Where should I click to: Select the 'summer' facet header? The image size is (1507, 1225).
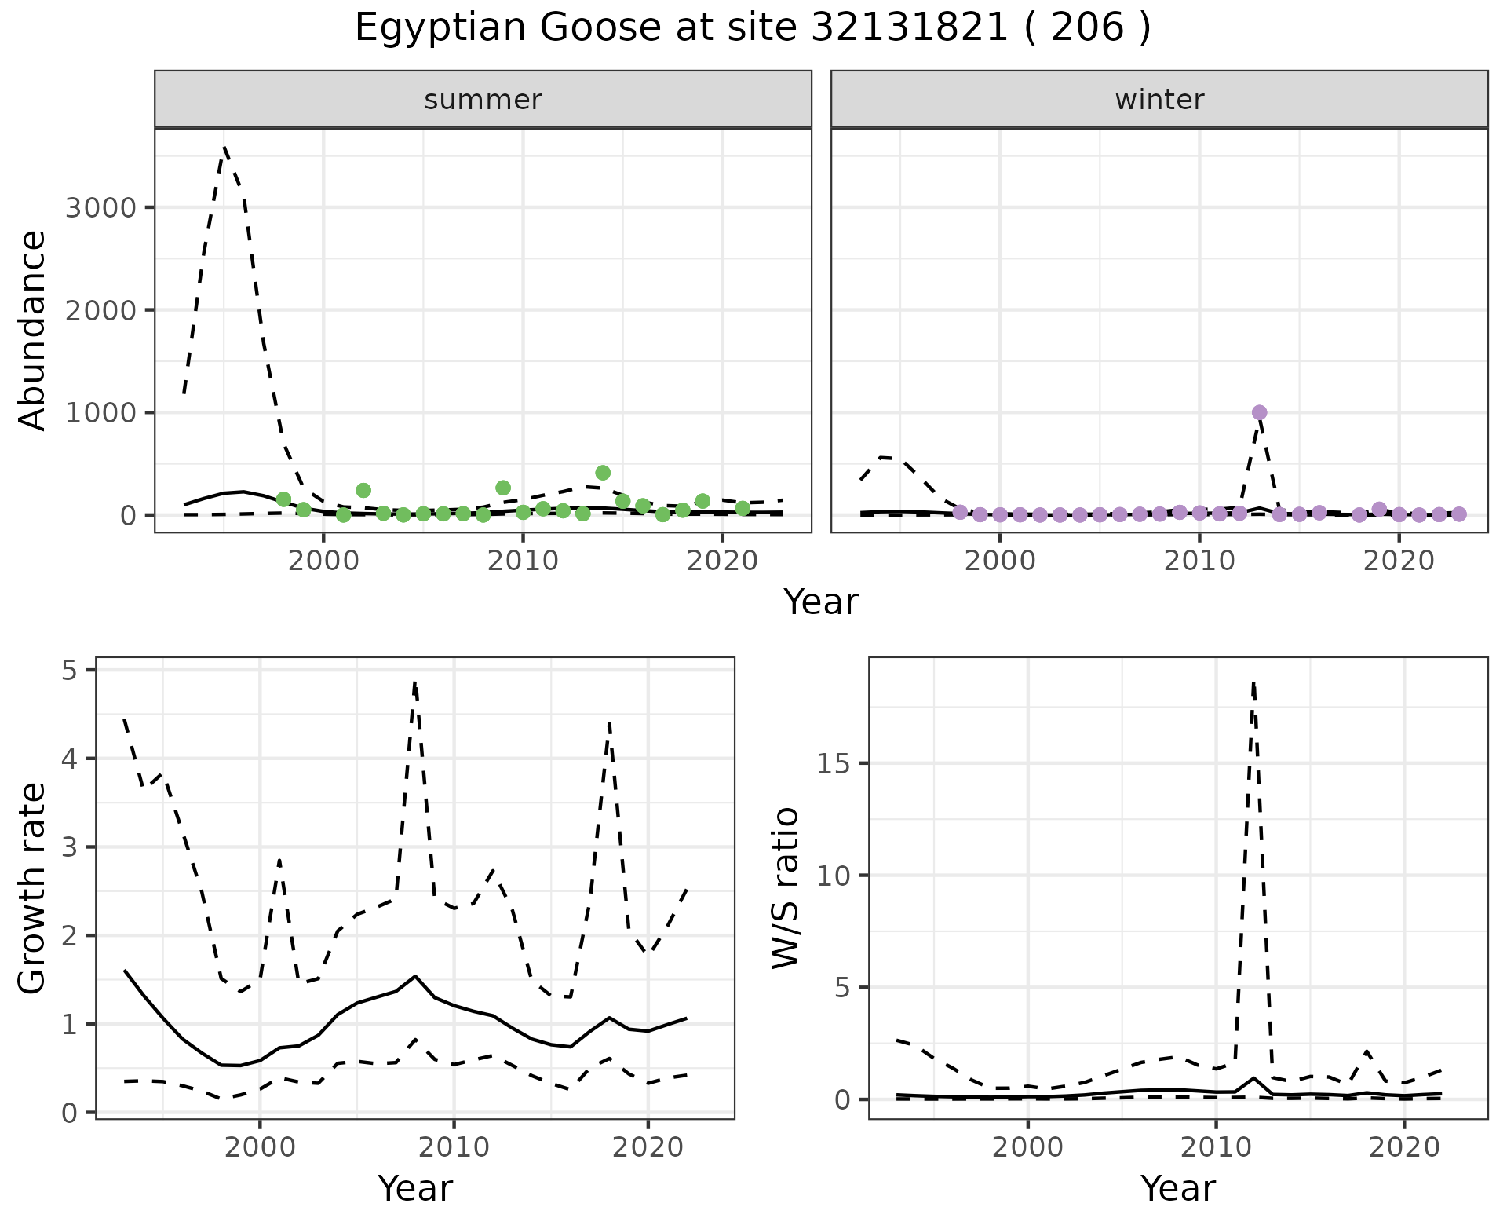[x=483, y=100]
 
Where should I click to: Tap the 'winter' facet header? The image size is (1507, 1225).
[x=1159, y=100]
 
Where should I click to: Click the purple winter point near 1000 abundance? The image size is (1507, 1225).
[x=1260, y=412]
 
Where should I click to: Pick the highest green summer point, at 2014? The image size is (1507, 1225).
[x=603, y=473]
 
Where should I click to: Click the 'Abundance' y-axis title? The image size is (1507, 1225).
[x=33, y=330]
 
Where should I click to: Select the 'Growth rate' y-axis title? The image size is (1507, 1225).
[x=33, y=889]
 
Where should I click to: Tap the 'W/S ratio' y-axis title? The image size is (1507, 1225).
[x=786, y=887]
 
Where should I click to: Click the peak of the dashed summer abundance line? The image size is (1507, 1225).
[x=224, y=147]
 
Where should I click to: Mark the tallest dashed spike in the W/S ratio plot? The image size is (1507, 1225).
[x=1253, y=683]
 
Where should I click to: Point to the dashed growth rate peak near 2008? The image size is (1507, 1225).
[x=414, y=682]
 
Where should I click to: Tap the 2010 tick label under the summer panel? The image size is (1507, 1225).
[x=523, y=561]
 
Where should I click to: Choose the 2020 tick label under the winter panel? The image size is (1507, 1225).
[x=1399, y=561]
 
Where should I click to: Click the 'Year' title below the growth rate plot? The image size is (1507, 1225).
[x=415, y=1188]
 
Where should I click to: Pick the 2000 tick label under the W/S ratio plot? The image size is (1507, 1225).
[x=1027, y=1147]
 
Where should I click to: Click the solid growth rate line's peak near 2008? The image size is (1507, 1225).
[x=414, y=976]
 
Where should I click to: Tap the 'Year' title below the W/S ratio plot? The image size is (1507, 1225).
[x=1178, y=1188]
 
